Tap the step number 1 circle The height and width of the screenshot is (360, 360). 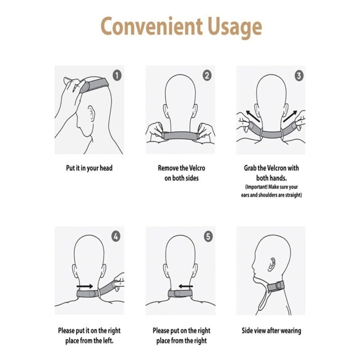tap(116, 75)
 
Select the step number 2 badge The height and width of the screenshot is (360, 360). tap(207, 75)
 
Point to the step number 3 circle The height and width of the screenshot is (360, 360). tap(298, 75)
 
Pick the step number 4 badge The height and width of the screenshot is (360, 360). tap(116, 236)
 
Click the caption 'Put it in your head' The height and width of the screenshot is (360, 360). tap(89, 168)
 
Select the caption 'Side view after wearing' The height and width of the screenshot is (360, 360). tap(271, 331)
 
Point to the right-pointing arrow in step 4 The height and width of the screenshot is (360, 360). tap(85, 286)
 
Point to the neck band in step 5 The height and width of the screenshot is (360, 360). tap(180, 294)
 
